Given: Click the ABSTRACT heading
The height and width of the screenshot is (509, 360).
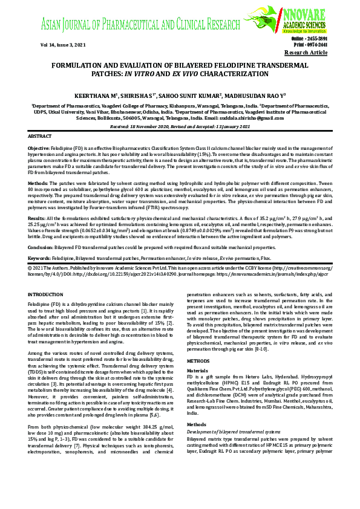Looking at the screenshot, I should coord(40,137).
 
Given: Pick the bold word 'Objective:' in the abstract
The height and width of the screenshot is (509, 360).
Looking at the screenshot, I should coord(39,148).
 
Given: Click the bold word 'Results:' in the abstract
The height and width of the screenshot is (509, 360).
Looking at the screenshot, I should coord(36,216).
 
